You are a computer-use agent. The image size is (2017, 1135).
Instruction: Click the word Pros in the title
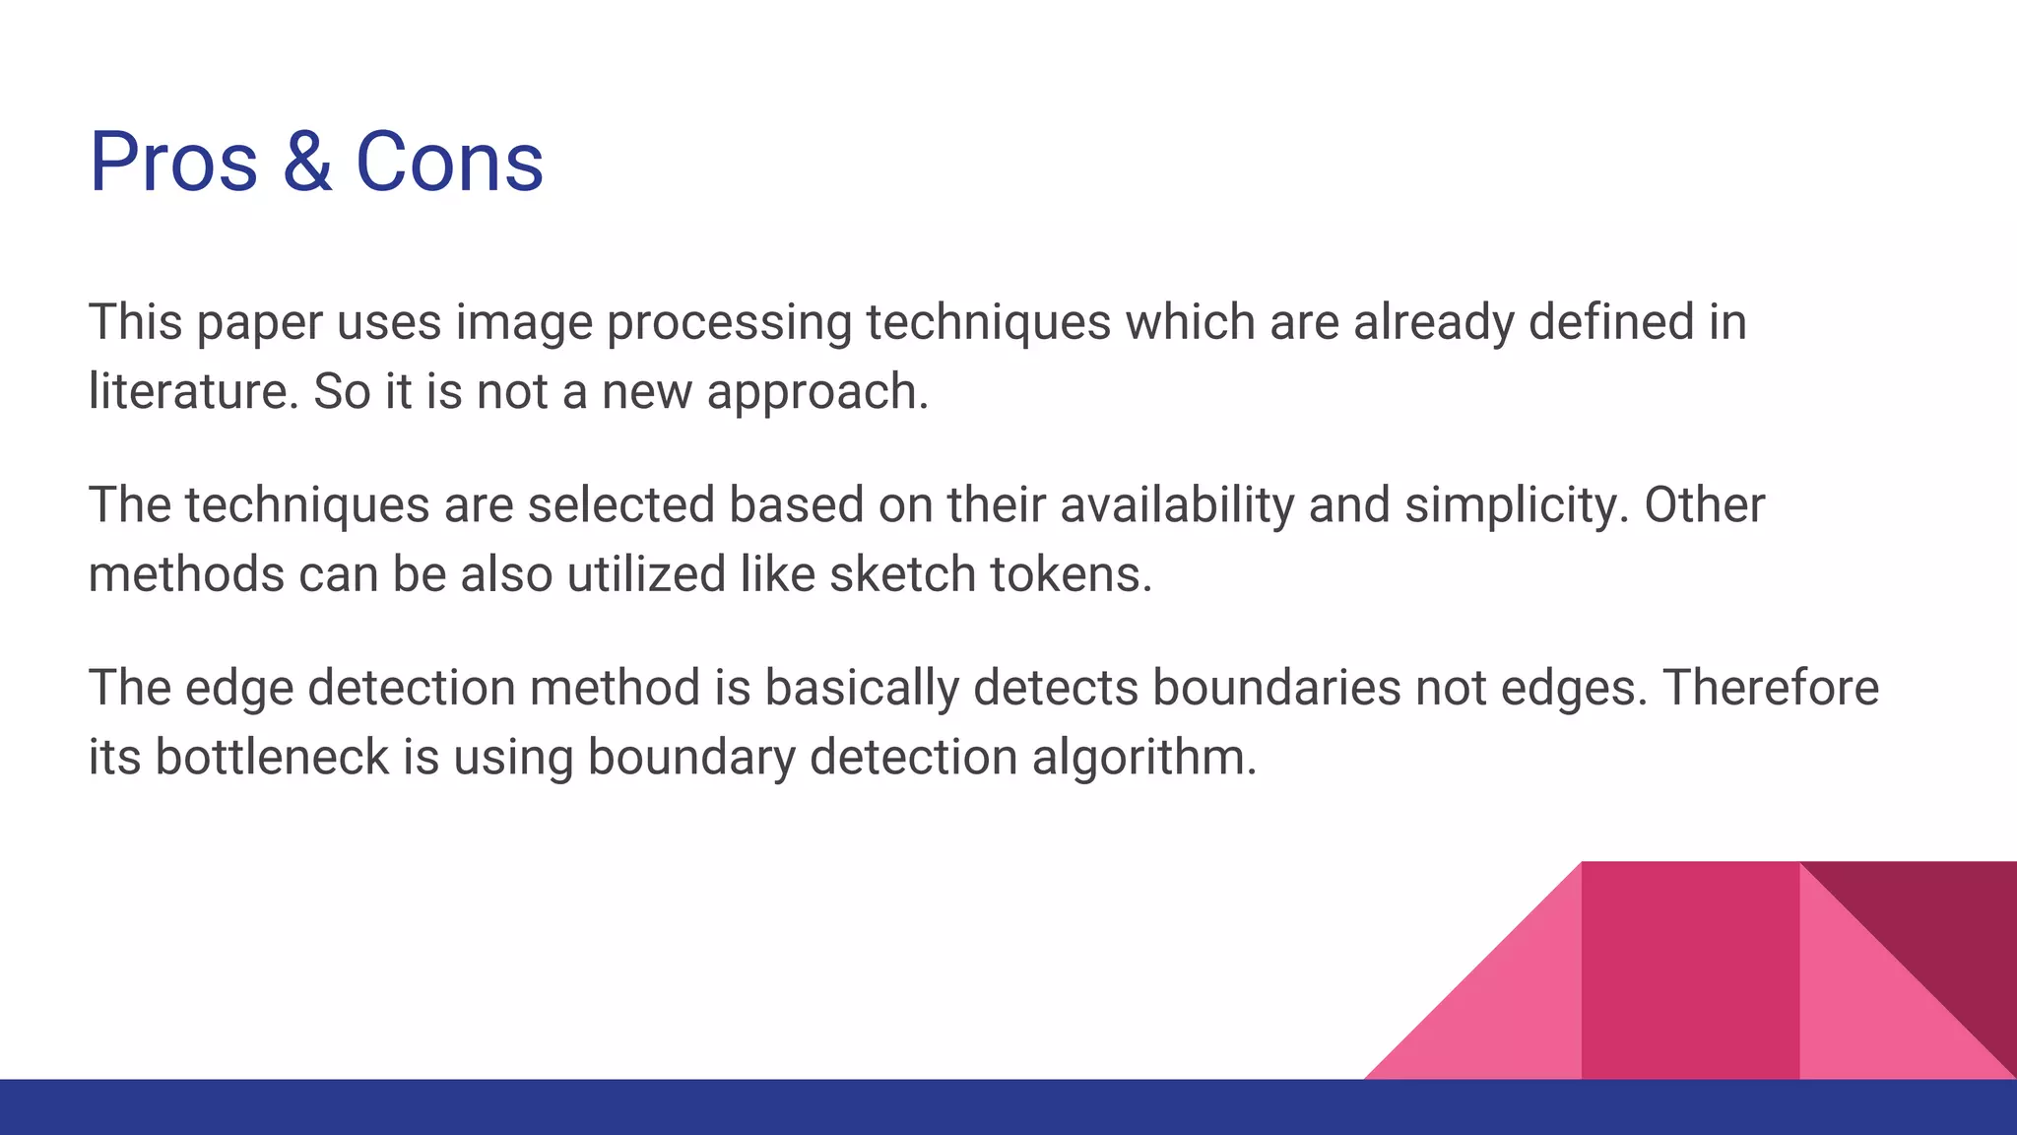[x=173, y=163]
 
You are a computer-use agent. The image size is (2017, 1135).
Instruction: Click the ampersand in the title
[x=307, y=163]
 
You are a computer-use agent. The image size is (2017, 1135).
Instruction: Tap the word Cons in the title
[x=448, y=163]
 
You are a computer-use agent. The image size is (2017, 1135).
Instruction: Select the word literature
[x=193, y=391]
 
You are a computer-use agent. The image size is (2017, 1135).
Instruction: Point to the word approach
[x=816, y=393]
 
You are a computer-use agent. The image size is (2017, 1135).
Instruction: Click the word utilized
[x=646, y=574]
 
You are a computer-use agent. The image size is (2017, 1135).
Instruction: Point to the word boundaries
[x=1276, y=688]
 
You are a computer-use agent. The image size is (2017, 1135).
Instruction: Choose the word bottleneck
[x=272, y=758]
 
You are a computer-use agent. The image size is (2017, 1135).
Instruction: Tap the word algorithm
[x=1143, y=758]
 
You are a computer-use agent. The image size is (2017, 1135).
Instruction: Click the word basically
[x=862, y=688]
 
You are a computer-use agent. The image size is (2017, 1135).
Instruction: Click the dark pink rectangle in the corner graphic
[x=1690, y=970]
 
